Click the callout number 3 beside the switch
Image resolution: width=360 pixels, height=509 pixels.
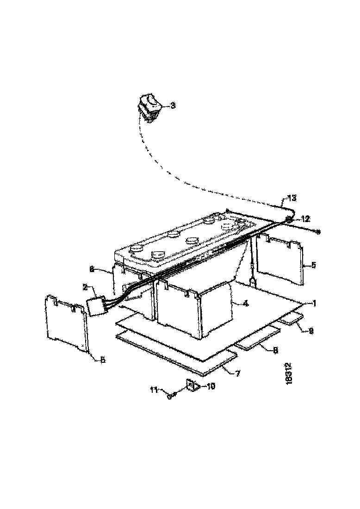(173, 106)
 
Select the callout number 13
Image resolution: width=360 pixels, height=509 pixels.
(291, 198)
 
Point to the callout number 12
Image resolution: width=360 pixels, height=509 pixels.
(304, 218)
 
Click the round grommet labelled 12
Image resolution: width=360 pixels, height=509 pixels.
(289, 220)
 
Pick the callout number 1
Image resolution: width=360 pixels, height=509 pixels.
(314, 304)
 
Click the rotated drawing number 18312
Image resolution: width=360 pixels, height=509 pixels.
(289, 373)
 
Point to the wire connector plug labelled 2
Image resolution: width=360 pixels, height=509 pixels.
(96, 306)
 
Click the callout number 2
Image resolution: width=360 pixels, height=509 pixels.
(85, 287)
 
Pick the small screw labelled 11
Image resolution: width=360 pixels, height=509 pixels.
(173, 395)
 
